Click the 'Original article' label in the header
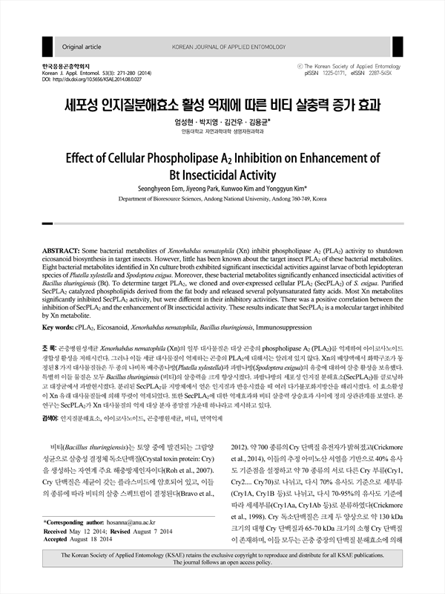point(82,46)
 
